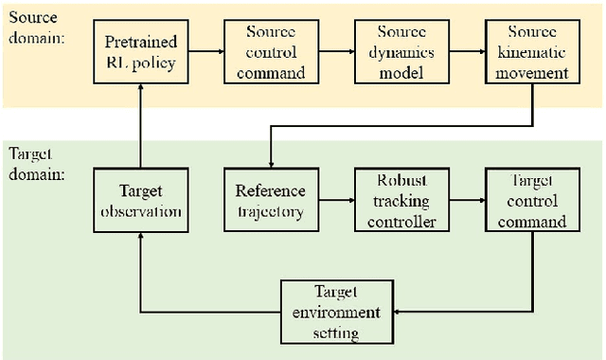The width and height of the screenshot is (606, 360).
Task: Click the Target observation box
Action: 140,200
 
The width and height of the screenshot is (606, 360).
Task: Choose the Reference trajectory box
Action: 270,200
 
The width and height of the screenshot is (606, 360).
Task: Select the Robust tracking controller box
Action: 400,200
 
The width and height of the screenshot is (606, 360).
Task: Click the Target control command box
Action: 530,200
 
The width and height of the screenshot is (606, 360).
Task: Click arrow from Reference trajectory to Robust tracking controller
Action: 335,200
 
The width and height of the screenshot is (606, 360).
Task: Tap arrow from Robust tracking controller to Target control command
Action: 465,200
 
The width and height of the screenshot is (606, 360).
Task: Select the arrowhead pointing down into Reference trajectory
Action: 270,162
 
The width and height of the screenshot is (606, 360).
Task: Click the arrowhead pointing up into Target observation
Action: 140,239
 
